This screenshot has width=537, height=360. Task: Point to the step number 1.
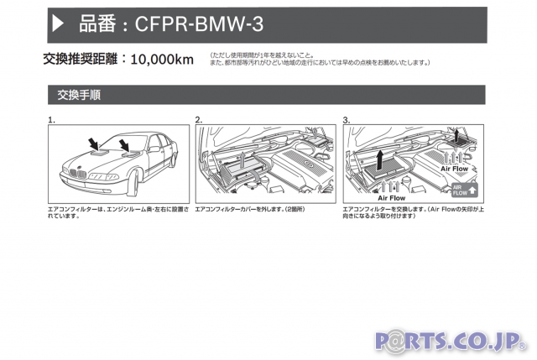tap(51, 120)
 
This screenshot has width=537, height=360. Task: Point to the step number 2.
tap(199, 120)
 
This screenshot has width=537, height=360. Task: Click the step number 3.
tap(347, 120)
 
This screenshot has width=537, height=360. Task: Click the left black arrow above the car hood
tap(93, 142)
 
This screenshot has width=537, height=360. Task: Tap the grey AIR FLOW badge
tap(464, 190)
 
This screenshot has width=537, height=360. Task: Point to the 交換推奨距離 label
tap(81, 60)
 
